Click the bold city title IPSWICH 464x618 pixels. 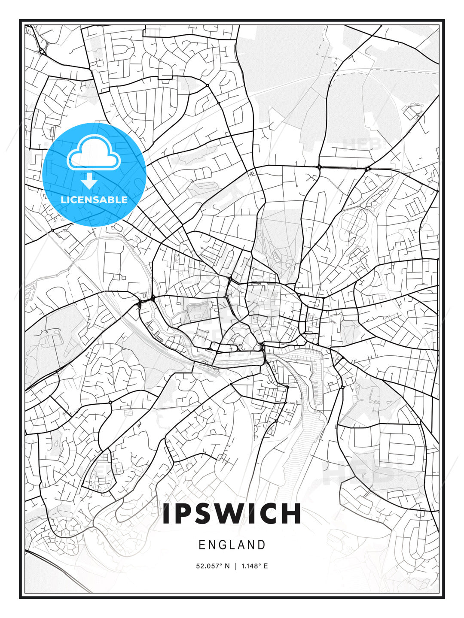[232, 514]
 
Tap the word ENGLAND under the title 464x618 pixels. [232, 545]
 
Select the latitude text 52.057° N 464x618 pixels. [213, 566]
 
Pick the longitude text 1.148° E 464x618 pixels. [254, 566]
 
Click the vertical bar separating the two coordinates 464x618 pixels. [235, 566]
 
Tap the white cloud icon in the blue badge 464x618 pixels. [93, 153]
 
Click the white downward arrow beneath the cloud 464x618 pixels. [90, 181]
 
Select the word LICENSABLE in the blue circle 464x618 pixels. [94, 200]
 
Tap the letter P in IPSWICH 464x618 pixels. [184, 514]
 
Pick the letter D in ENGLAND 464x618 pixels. [262, 545]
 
